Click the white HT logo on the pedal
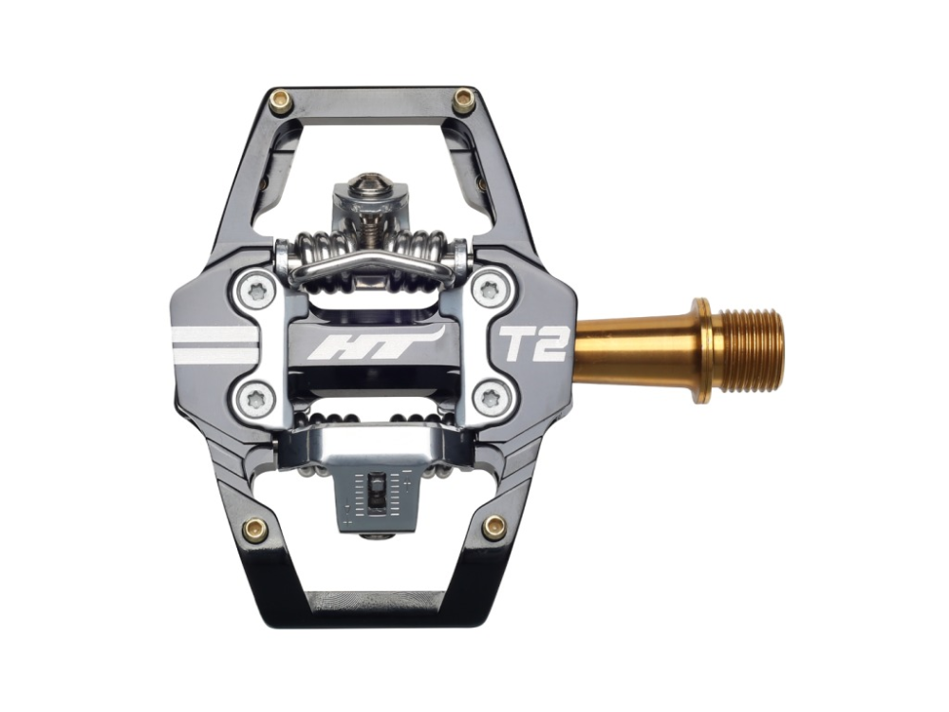pyautogui.click(x=376, y=344)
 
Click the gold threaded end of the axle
pyautogui.click(x=750, y=350)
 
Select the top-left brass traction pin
pyautogui.click(x=279, y=101)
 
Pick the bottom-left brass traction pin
pyautogui.click(x=254, y=529)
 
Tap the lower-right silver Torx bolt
pyautogui.click(x=490, y=397)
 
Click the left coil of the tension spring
pyautogui.click(x=322, y=252)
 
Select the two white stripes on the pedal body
pyautogui.click(x=214, y=344)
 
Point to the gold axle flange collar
pyautogui.click(x=702, y=350)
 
